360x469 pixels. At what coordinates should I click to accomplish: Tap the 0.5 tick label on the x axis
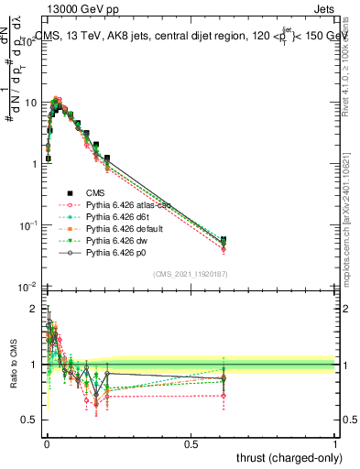click(191, 444)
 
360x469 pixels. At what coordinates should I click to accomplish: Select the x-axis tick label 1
click(335, 444)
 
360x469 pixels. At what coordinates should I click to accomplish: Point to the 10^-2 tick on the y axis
click(27, 287)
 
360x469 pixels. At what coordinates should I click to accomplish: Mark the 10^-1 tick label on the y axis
click(27, 225)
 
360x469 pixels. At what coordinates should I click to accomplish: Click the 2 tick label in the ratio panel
click(35, 309)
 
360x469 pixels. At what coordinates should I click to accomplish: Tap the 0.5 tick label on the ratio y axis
click(29, 420)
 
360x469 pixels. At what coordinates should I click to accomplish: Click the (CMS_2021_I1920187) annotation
click(191, 274)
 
